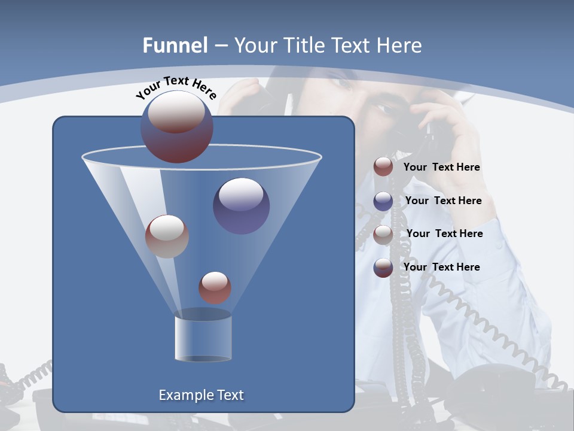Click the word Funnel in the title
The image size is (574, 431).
[x=175, y=45]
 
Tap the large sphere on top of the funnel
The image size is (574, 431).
[x=177, y=127]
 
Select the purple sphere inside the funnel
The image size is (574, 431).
[x=241, y=205]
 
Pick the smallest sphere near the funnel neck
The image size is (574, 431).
[x=215, y=287]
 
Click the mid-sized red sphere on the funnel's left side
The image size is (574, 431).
[x=167, y=236]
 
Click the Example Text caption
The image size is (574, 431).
[x=201, y=395]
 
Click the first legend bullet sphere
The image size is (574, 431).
[x=383, y=167]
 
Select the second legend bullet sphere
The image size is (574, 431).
[x=383, y=201]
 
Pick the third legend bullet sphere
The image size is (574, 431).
[x=383, y=235]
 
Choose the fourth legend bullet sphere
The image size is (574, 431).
[x=383, y=268]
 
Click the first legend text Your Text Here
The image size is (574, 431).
[x=441, y=168]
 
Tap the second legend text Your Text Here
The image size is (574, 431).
[x=443, y=201]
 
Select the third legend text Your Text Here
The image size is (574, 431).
[x=444, y=233]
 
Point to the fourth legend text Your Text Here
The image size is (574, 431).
[x=441, y=267]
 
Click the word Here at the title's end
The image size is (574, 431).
[x=400, y=45]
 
